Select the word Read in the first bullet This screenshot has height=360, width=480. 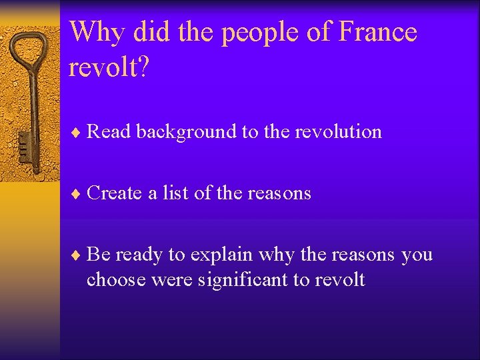(109, 132)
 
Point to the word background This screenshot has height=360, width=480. (186, 133)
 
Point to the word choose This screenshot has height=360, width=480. (117, 280)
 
